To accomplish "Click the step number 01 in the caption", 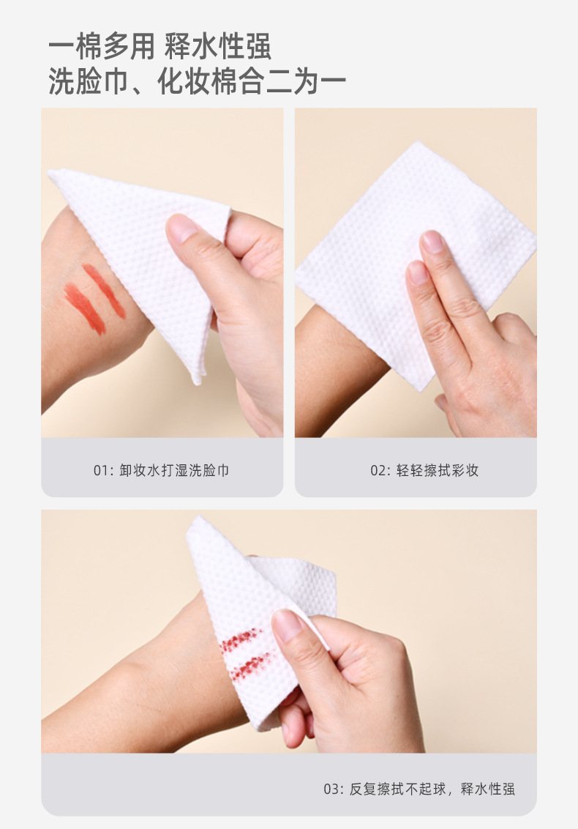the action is click(x=101, y=470).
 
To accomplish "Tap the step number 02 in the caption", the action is click(x=378, y=470).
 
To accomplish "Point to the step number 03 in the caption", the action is click(x=331, y=789).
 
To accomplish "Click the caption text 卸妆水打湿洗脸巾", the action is click(x=174, y=470).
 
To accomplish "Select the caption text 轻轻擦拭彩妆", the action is click(x=438, y=470).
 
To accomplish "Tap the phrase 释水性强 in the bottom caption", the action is click(x=488, y=789).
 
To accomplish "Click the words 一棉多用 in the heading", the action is click(x=102, y=47).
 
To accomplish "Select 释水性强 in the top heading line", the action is click(x=218, y=47).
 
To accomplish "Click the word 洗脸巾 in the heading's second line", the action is click(x=89, y=81).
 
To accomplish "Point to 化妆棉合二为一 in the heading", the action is click(x=252, y=81).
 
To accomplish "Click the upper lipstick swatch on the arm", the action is click(x=104, y=291).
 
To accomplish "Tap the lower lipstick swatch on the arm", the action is click(x=85, y=309).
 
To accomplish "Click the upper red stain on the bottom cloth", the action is click(x=241, y=639).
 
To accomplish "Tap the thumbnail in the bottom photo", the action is click(x=286, y=625).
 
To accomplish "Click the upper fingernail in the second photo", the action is click(x=432, y=242).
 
